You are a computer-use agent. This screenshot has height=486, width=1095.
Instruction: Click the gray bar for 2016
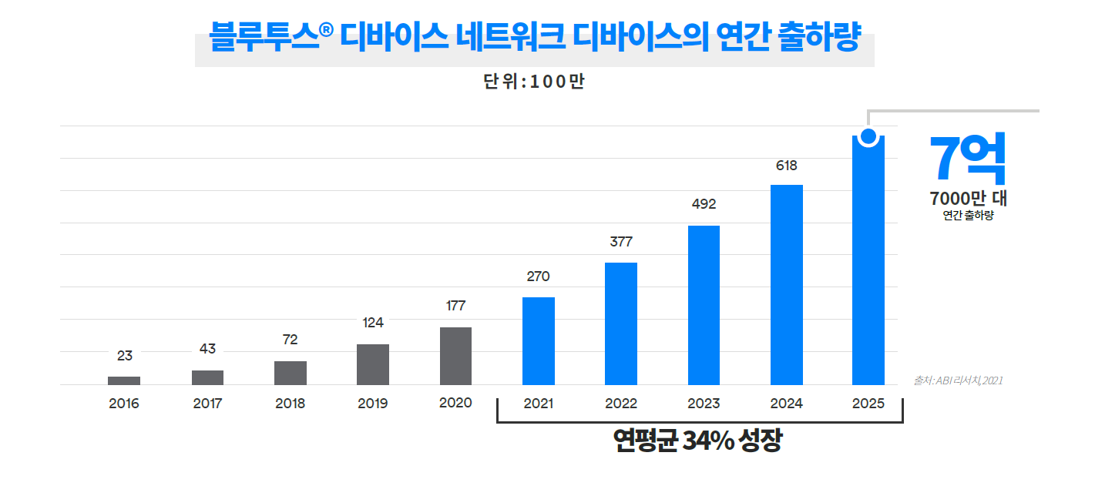(124, 380)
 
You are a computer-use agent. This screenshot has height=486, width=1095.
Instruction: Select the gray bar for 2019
(373, 364)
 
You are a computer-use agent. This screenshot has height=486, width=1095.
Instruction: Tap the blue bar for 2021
(539, 340)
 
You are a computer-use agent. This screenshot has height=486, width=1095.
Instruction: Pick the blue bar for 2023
(704, 305)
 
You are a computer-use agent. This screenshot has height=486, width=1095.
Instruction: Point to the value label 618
(787, 166)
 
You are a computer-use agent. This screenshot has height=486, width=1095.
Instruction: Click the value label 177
(456, 306)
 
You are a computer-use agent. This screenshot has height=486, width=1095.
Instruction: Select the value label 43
(207, 349)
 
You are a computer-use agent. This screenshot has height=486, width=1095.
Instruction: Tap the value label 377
(621, 242)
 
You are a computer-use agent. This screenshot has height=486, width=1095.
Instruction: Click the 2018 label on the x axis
(290, 404)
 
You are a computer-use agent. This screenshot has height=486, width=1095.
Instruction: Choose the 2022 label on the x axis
(621, 404)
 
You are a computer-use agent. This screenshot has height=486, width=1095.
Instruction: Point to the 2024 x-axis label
(786, 404)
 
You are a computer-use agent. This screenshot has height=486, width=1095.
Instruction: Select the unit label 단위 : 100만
(534, 82)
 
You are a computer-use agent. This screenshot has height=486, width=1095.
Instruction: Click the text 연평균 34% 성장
(697, 441)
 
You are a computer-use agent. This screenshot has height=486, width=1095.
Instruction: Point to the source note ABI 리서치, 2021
(958, 380)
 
